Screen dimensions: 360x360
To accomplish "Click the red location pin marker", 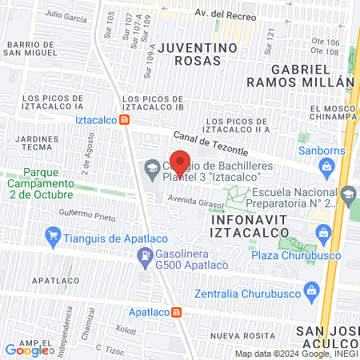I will (x=180, y=162).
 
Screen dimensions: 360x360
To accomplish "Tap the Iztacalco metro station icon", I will (x=125, y=120).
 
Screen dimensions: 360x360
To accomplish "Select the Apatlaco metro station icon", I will (x=177, y=311).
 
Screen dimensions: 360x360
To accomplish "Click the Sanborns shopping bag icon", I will (x=325, y=166).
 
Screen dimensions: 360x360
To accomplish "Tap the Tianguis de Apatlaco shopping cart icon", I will (x=53, y=235).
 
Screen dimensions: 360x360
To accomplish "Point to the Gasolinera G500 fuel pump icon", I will (x=145, y=256).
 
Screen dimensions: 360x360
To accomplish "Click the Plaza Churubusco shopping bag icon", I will (x=323, y=234).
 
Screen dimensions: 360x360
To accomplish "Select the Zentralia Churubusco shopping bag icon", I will (x=309, y=293).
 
